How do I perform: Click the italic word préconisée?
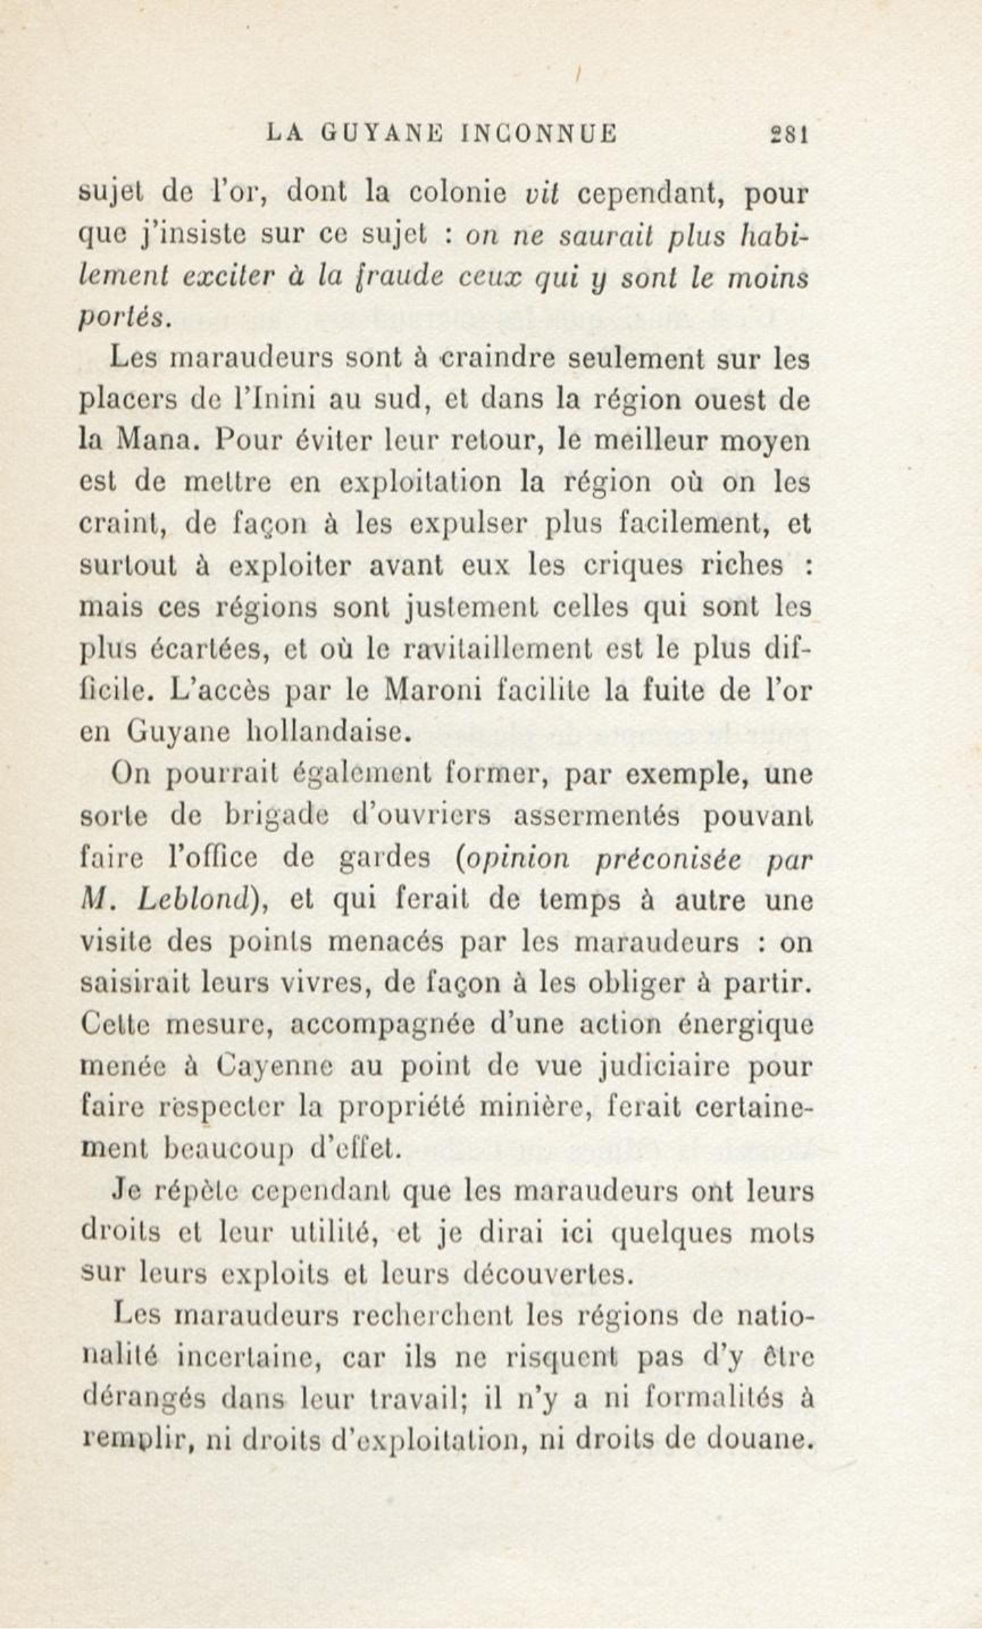668,857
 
